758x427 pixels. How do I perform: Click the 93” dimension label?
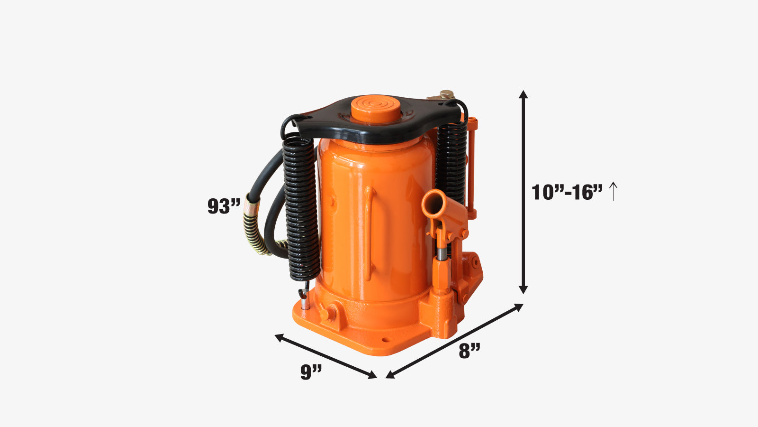pos(224,206)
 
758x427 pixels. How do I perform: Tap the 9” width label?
pos(311,372)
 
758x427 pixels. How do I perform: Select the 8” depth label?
pos(469,351)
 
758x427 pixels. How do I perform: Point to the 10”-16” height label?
pos(567,192)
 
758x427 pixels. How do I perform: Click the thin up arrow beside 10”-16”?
pos(613,192)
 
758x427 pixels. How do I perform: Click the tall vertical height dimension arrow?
pos(523,192)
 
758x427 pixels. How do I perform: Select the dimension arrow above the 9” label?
pos(325,356)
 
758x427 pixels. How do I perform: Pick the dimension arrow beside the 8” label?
pos(454,341)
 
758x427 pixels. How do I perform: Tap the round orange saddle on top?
pos(376,109)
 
